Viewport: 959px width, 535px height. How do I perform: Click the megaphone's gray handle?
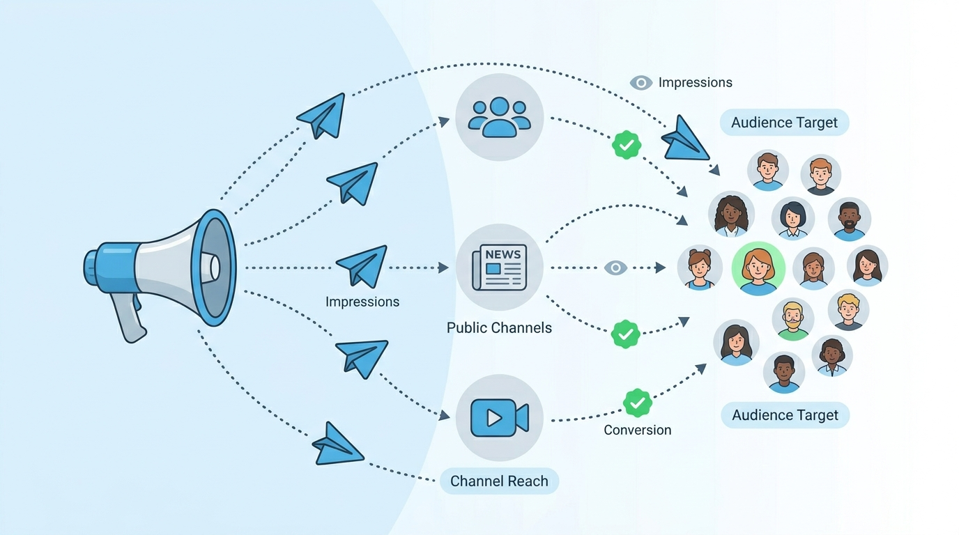tap(129, 318)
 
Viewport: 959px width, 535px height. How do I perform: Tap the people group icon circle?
tap(499, 117)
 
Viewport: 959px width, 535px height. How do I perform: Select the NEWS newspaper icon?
tap(499, 267)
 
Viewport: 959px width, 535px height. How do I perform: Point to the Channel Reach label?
tap(499, 481)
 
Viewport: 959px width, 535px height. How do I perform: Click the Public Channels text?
tap(499, 327)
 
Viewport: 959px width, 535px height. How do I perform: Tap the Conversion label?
tap(637, 431)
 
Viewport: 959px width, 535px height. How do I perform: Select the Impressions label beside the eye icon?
tap(695, 83)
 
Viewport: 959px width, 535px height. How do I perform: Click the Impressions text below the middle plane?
tap(362, 302)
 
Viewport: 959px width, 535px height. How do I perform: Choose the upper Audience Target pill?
tap(784, 123)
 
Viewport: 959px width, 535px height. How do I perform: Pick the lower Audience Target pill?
tap(785, 415)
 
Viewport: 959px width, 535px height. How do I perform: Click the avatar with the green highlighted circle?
tap(758, 268)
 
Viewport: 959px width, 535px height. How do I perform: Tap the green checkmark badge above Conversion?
tap(636, 403)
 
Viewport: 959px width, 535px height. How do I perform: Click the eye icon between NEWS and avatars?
tap(615, 267)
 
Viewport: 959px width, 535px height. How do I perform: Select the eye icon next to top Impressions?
tap(640, 83)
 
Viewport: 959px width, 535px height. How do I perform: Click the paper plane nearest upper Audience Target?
tap(684, 139)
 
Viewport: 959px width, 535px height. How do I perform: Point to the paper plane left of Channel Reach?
tap(336, 444)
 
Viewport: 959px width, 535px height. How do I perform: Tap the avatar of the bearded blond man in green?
tap(792, 319)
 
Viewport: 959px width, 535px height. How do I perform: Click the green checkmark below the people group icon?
tap(626, 145)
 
